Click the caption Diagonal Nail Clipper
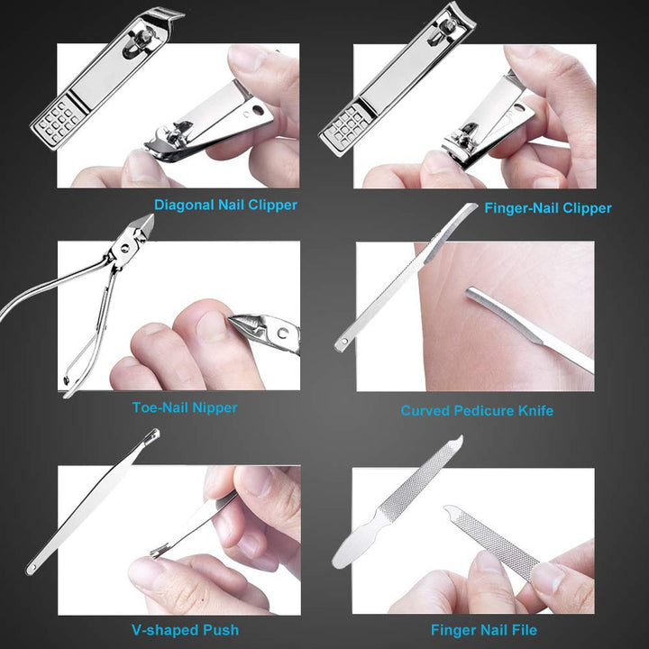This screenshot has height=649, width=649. pos(225,205)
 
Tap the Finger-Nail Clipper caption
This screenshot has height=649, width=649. pos(547,208)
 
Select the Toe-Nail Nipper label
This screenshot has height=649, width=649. pos(185,407)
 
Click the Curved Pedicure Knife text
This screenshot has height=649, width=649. pos(477,411)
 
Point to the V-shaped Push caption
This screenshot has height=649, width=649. pos(184,629)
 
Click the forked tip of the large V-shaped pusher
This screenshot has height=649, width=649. pos(152,438)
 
